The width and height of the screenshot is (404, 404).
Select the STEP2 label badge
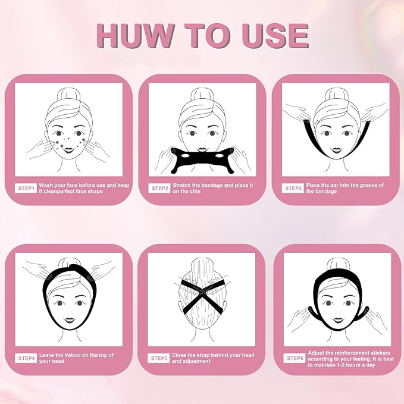click(x=159, y=189)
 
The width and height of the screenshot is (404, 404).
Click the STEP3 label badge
click(x=293, y=189)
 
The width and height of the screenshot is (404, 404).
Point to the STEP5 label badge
click(x=159, y=358)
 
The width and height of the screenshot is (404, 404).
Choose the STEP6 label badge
click(x=295, y=358)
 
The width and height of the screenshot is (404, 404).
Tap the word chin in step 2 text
click(x=195, y=192)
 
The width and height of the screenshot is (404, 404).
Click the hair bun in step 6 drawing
click(x=337, y=265)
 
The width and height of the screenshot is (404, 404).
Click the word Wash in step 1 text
click(x=48, y=185)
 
